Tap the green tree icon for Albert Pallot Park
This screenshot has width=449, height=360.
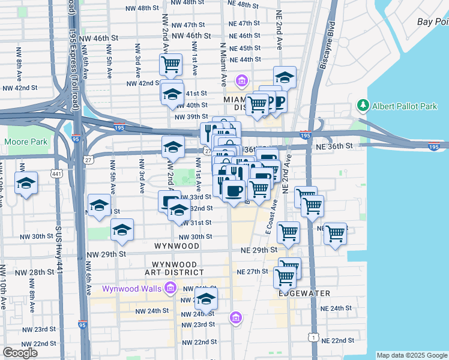pyautogui.click(x=363, y=106)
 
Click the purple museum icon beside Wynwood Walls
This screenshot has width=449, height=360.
pyautogui.click(x=170, y=289)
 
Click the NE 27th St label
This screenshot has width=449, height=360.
pyautogui.click(x=252, y=271)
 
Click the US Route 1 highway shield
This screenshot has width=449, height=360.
pyautogui.click(x=313, y=338)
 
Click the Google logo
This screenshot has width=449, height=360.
pyautogui.click(x=20, y=353)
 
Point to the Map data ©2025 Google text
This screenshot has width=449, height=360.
pyautogui.click(x=411, y=355)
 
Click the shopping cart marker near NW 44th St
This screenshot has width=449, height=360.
pyautogui.click(x=171, y=63)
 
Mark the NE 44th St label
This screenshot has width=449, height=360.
pyautogui.click(x=244, y=59)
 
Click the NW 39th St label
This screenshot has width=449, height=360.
pyautogui.click(x=191, y=116)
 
